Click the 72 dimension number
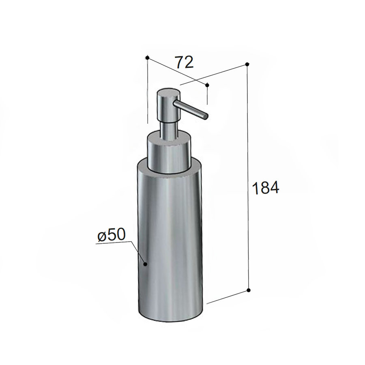click(x=184, y=62)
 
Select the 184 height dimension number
click(x=265, y=188)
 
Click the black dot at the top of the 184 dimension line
click(x=247, y=64)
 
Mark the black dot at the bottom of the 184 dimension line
click(x=248, y=290)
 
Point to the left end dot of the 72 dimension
click(x=148, y=58)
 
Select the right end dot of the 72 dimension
click(x=207, y=85)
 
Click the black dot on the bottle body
click(x=145, y=264)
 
